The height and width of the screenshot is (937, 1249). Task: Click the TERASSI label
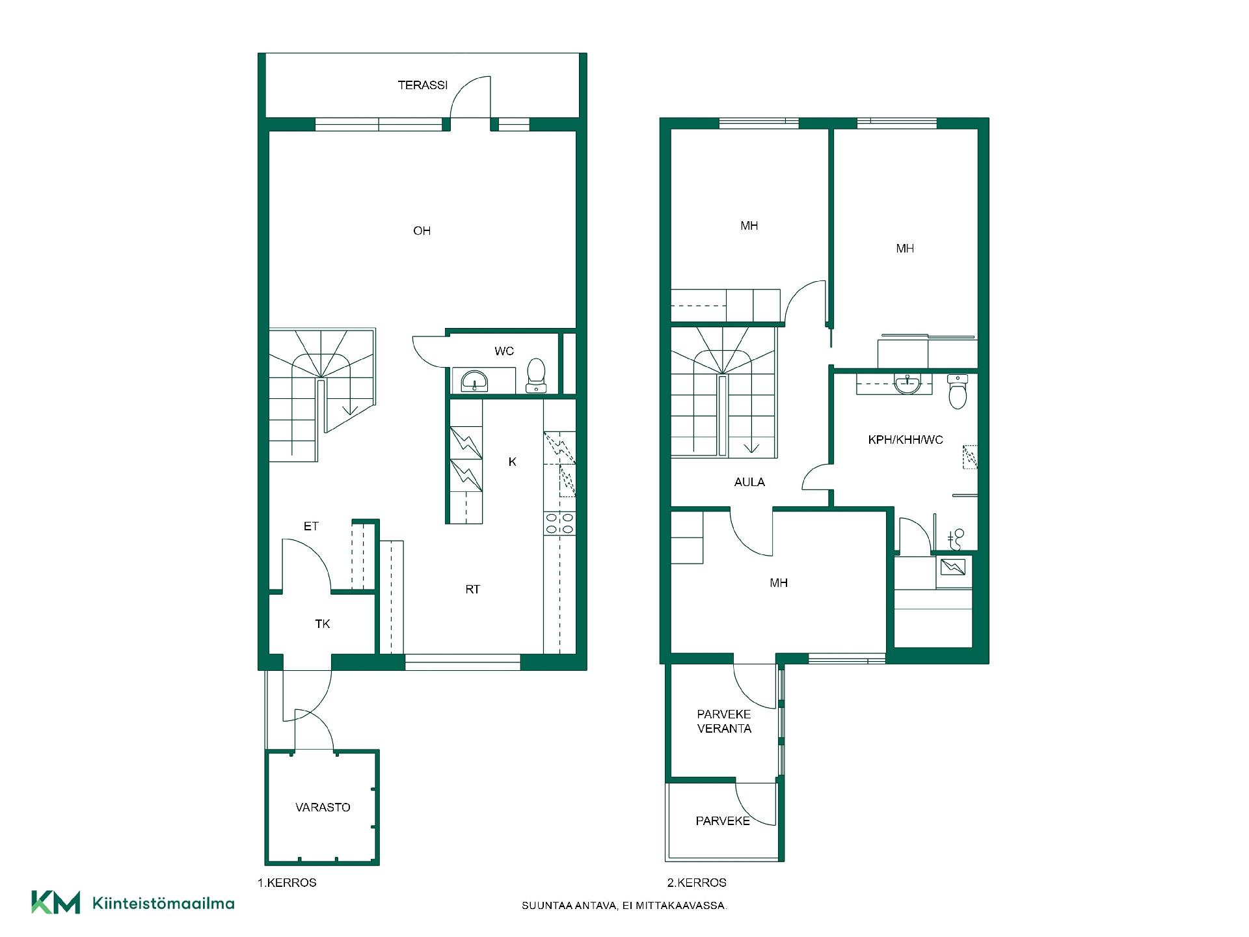(423, 85)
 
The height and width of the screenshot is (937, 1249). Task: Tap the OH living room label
(422, 231)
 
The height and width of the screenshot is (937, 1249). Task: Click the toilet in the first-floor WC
(536, 375)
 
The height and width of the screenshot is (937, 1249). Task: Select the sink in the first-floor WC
(474, 381)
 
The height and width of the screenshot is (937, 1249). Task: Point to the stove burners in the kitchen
(559, 524)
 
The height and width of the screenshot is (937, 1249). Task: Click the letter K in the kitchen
(513, 462)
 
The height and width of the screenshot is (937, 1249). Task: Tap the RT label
(473, 590)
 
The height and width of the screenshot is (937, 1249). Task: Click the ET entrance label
(311, 526)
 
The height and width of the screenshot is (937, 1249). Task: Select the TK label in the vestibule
(323, 624)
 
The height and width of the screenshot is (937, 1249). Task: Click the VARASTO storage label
(323, 808)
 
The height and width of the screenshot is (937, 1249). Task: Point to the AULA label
(749, 482)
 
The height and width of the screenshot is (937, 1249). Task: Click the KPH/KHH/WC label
(906, 440)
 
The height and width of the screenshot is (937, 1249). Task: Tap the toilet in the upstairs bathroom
(958, 391)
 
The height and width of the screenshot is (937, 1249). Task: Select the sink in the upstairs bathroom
(907, 385)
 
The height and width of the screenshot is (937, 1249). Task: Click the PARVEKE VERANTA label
(724, 722)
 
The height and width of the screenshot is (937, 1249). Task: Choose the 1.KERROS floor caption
(287, 883)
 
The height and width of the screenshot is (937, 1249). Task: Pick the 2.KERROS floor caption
(697, 883)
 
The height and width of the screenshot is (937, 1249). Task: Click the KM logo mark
(56, 903)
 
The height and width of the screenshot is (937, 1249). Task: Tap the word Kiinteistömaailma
(163, 903)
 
